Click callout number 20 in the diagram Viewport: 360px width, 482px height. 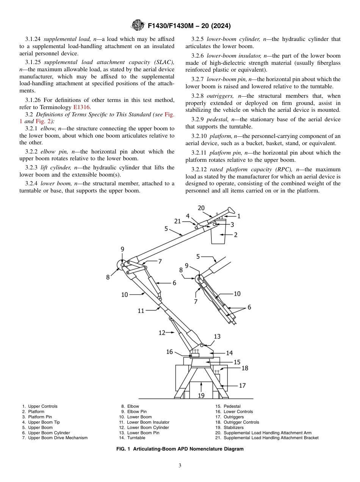tap(201, 208)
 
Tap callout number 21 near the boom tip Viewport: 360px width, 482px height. tap(178, 221)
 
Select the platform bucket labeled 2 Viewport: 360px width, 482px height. tap(218, 235)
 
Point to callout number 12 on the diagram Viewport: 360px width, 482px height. tap(162, 333)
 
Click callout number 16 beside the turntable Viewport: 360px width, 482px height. tap(169, 352)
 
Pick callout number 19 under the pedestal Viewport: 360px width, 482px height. tap(201, 395)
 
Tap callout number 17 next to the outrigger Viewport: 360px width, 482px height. tap(242, 385)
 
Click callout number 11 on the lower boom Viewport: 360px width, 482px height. tap(141, 311)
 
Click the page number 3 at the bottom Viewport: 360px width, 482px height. tap(180, 466)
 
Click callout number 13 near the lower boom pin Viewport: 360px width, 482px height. tap(217, 336)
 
